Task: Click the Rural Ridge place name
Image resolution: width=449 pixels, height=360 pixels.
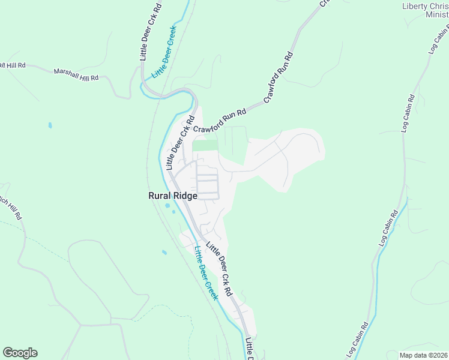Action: coord(173,196)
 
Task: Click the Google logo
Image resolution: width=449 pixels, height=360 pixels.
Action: coord(20,353)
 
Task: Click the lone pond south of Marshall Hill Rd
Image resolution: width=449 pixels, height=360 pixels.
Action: coord(49,125)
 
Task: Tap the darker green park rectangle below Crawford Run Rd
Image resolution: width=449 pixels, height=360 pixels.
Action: coord(205,145)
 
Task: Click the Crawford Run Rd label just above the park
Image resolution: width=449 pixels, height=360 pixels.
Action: coord(220,121)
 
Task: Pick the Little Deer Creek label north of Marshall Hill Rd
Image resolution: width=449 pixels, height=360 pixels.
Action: coord(164,52)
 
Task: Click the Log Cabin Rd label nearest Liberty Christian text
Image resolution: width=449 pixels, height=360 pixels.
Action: coord(439,40)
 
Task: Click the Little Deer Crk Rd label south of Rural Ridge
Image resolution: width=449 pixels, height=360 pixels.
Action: coord(219,268)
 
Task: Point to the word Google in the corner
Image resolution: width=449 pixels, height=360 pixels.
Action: coord(20,353)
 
